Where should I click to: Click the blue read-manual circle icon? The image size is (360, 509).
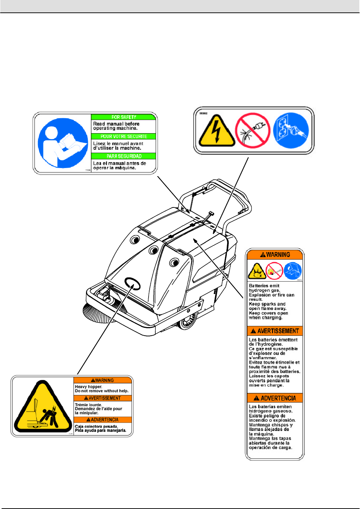pos(63,143)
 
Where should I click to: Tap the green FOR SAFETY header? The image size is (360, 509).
pos(123,117)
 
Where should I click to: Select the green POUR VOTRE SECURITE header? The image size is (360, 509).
pos(123,136)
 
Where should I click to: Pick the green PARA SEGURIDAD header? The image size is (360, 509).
pos(123,156)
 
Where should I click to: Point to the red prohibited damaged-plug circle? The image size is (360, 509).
pos(253,130)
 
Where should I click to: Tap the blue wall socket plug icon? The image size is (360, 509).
pos(291,130)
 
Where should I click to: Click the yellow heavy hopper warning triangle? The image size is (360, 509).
pos(42,408)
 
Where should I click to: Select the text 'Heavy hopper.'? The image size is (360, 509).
pos(88,386)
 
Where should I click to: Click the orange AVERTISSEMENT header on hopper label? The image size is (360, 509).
pos(103,398)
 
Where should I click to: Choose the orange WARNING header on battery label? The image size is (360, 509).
pos(275,255)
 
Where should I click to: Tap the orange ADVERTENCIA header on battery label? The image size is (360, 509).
pos(275,398)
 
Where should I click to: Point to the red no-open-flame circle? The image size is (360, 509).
pos(274,271)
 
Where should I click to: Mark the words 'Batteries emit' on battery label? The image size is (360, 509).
pos(264,286)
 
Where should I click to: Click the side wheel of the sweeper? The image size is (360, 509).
pos(187,321)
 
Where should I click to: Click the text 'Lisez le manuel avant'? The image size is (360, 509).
pos(118,144)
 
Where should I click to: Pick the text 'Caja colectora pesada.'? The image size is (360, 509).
pos(96,426)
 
